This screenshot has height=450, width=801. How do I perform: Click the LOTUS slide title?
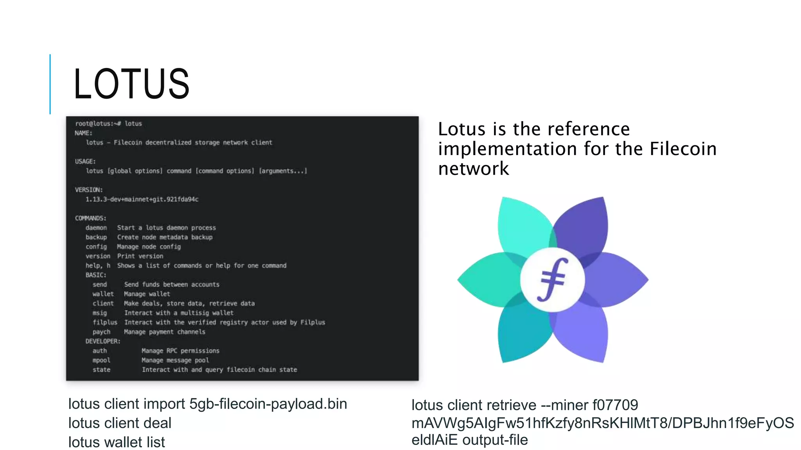131,84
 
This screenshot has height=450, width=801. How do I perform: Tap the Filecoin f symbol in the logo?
552,280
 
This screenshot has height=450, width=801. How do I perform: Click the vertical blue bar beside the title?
50,84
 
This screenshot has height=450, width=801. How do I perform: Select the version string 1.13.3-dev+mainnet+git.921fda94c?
142,199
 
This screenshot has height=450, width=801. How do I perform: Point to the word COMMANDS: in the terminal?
91,218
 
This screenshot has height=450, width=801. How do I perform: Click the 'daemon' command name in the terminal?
96,228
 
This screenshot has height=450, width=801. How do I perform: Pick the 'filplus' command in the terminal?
105,322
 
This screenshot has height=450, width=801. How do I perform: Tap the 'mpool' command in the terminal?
101,360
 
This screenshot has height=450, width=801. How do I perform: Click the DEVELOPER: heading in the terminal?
103,341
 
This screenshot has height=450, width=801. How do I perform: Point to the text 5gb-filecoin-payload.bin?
268,404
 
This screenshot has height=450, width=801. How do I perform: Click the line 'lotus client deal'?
120,423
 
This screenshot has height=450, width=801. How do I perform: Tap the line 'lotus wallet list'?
117,442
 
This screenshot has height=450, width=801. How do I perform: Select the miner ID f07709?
615,405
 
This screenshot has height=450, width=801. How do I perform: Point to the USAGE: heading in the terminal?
85,161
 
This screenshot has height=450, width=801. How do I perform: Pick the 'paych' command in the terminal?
101,332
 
